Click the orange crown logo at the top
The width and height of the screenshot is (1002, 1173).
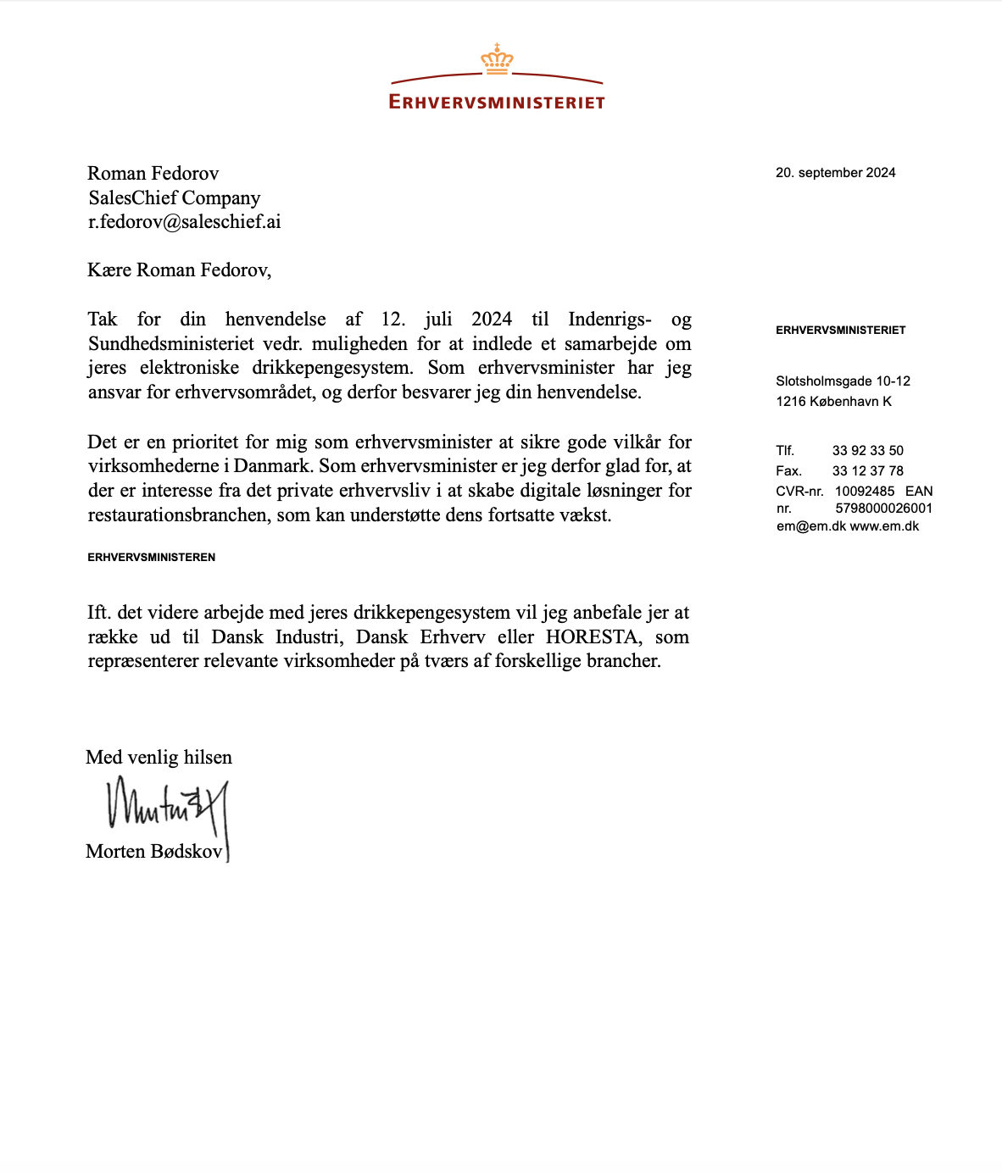(497, 58)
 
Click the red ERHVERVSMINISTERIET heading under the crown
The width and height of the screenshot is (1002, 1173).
(497, 103)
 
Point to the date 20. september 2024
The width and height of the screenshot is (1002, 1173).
(835, 173)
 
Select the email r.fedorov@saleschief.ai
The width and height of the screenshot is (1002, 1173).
(184, 222)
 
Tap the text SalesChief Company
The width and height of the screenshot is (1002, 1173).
(174, 198)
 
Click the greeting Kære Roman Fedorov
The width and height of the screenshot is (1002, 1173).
(179, 270)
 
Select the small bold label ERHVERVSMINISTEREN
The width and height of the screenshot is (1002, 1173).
(152, 558)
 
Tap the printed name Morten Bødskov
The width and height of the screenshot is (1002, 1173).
(153, 852)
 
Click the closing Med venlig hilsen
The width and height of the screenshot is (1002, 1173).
(159, 758)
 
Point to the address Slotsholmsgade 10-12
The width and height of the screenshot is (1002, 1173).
(843, 381)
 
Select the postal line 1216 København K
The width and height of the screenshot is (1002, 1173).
(833, 402)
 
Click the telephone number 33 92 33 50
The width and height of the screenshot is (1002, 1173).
(867, 451)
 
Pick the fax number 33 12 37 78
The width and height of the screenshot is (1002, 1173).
(867, 471)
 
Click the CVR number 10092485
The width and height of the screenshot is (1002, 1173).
(864, 492)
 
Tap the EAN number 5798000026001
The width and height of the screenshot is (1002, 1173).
(883, 509)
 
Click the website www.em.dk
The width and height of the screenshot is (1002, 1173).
(884, 526)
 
